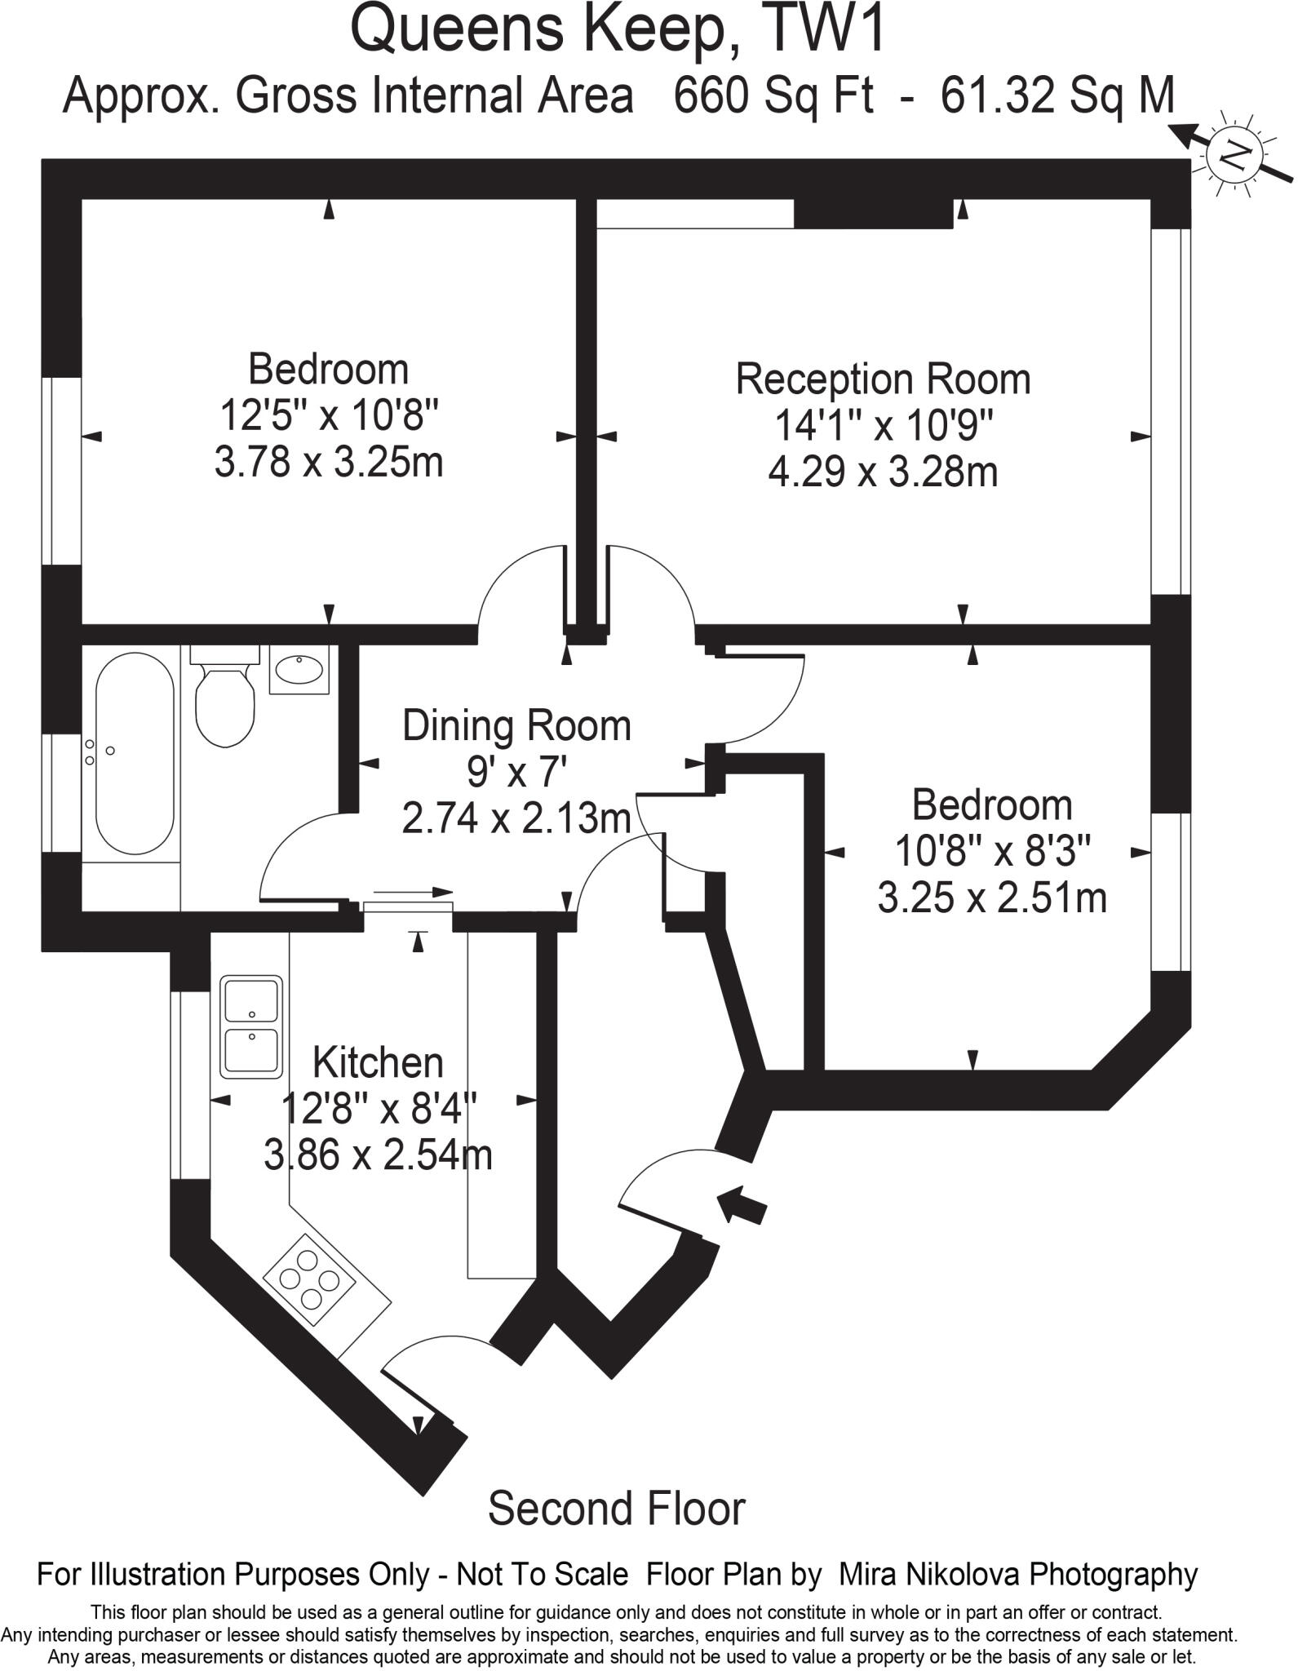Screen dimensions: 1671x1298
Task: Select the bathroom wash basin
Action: tap(299, 670)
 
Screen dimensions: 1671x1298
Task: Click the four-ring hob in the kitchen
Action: tap(310, 1280)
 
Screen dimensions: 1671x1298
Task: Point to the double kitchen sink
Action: tap(251, 1027)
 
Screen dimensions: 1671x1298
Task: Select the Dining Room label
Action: tap(516, 725)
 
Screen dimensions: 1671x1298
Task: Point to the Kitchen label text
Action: tap(378, 1062)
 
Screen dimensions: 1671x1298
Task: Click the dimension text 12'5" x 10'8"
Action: tap(329, 416)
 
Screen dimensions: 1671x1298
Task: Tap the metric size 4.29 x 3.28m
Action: tap(883, 472)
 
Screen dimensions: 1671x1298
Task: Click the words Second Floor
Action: tap(617, 1509)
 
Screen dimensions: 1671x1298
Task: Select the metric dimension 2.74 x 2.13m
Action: tap(516, 818)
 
